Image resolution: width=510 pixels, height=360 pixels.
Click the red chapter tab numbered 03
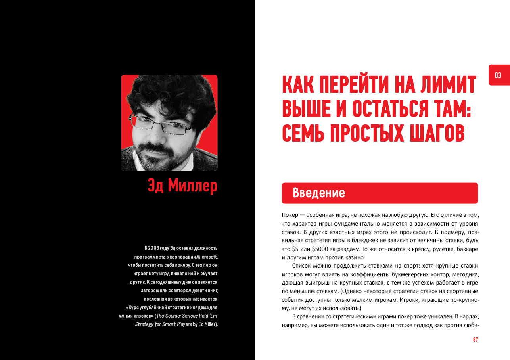click(x=498, y=75)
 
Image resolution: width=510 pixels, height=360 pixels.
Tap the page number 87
click(x=475, y=340)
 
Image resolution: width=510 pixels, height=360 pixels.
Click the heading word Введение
click(x=319, y=193)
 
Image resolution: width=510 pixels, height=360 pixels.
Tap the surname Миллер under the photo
click(x=192, y=185)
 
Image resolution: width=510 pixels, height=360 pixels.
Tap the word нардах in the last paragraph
click(x=469, y=316)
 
